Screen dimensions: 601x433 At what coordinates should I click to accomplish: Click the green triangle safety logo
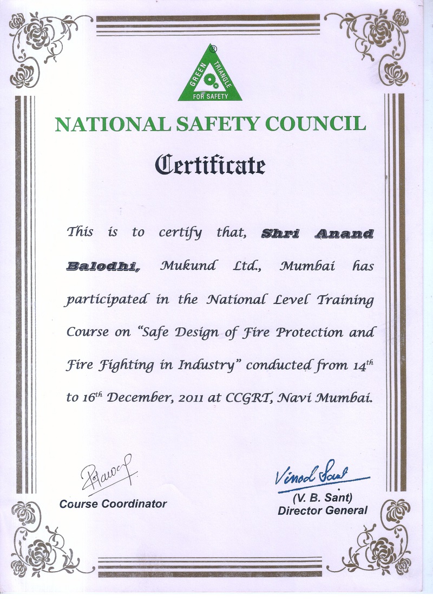pos(210,76)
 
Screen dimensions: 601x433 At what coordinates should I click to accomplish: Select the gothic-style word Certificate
pos(210,164)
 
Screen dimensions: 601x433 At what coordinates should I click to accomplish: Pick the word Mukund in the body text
pos(188,266)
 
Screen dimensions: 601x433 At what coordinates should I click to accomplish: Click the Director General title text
pos(323,510)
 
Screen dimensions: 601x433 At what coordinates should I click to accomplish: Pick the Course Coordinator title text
pos(113,504)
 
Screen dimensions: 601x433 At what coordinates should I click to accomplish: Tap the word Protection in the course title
pos(307,332)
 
